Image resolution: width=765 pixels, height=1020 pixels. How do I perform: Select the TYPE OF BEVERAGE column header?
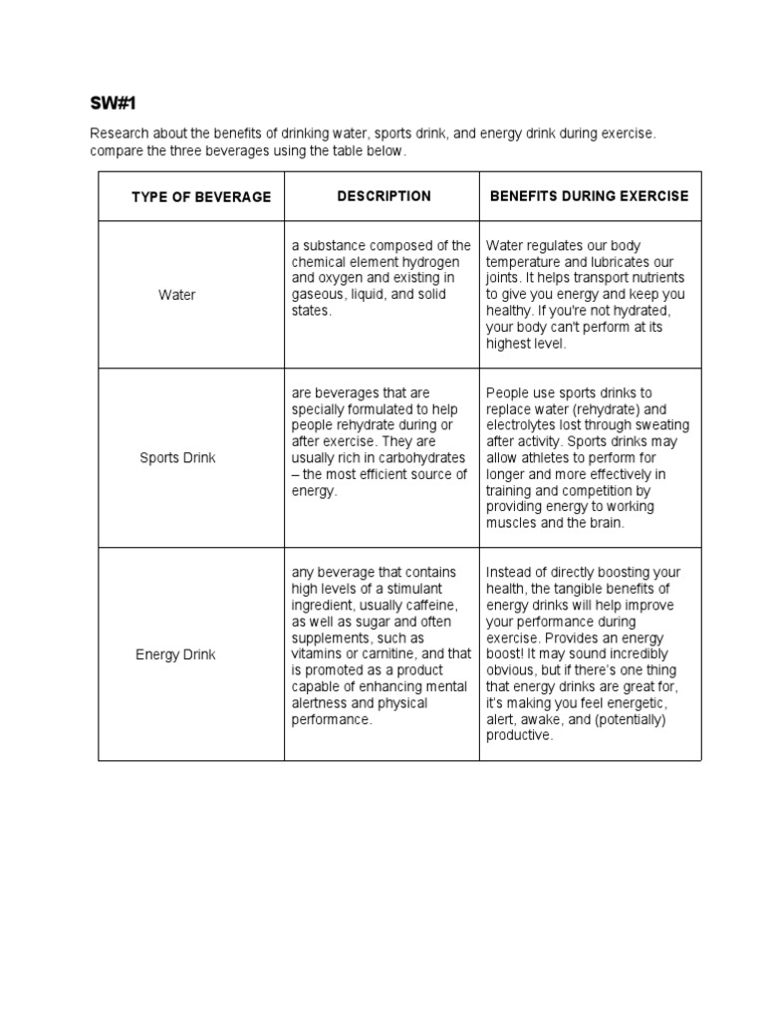point(200,197)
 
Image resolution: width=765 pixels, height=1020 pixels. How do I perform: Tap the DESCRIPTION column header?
point(383,196)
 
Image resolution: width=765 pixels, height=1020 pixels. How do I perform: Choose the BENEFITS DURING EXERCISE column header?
point(589,196)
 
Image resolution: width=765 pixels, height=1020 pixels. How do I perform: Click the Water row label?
point(177,295)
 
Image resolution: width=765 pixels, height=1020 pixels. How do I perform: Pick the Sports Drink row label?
point(177,458)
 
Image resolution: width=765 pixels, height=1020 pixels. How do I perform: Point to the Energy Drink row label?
point(175,655)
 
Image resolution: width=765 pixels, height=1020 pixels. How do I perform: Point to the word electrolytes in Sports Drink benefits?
point(522,425)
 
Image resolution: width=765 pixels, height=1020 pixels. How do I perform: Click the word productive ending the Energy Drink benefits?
point(518,735)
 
